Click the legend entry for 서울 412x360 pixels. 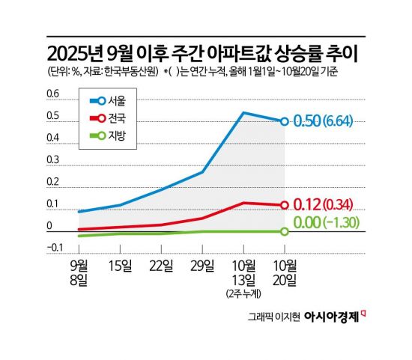(x=108, y=101)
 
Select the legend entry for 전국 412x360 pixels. (x=108, y=118)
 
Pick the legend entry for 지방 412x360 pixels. (x=108, y=135)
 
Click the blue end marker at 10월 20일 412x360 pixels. (x=285, y=120)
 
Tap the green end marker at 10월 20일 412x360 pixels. (x=285, y=231)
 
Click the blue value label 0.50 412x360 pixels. (x=307, y=120)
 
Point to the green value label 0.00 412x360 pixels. (x=307, y=222)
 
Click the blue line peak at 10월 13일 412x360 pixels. (x=243, y=113)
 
